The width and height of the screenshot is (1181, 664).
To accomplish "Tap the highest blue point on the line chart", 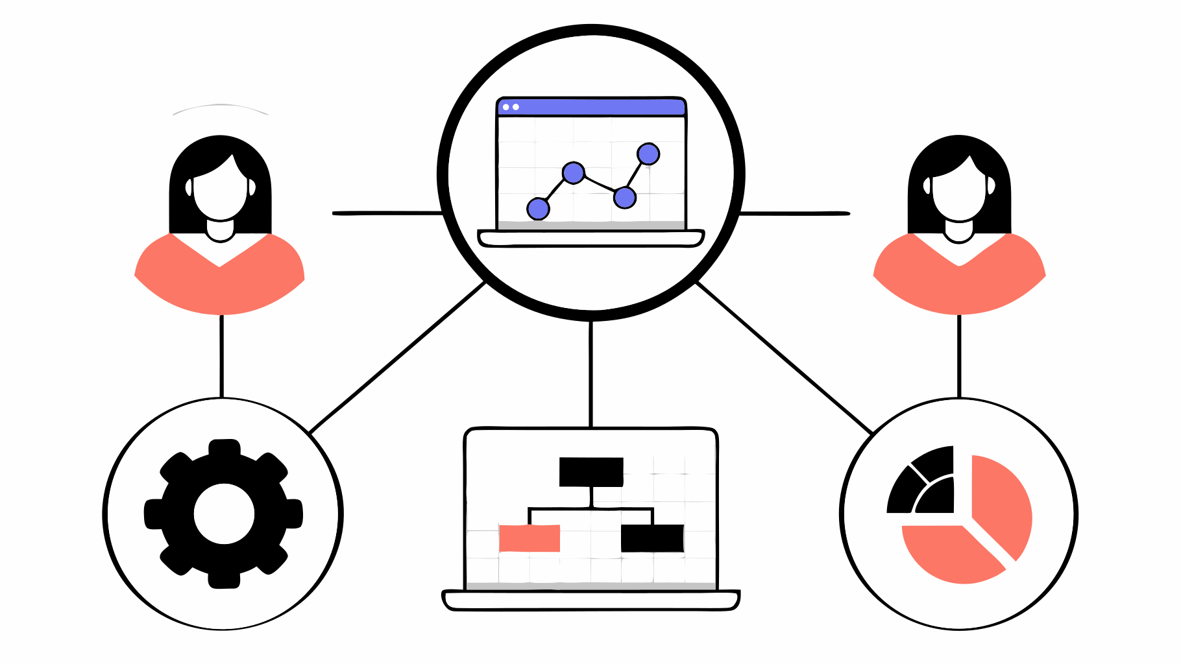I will [648, 154].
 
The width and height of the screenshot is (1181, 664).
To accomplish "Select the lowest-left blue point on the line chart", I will [538, 209].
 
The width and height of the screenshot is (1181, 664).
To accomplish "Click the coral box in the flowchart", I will [529, 538].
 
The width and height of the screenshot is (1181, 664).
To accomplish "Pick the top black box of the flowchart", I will [591, 472].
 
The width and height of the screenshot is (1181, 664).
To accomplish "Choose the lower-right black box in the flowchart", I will [652, 538].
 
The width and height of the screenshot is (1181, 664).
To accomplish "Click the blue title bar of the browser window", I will [591, 107].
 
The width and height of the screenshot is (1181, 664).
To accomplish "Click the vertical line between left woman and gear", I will [221, 357].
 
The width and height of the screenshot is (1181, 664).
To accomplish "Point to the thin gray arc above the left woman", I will [221, 105].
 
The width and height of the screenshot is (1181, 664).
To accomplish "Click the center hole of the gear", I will [224, 514].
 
